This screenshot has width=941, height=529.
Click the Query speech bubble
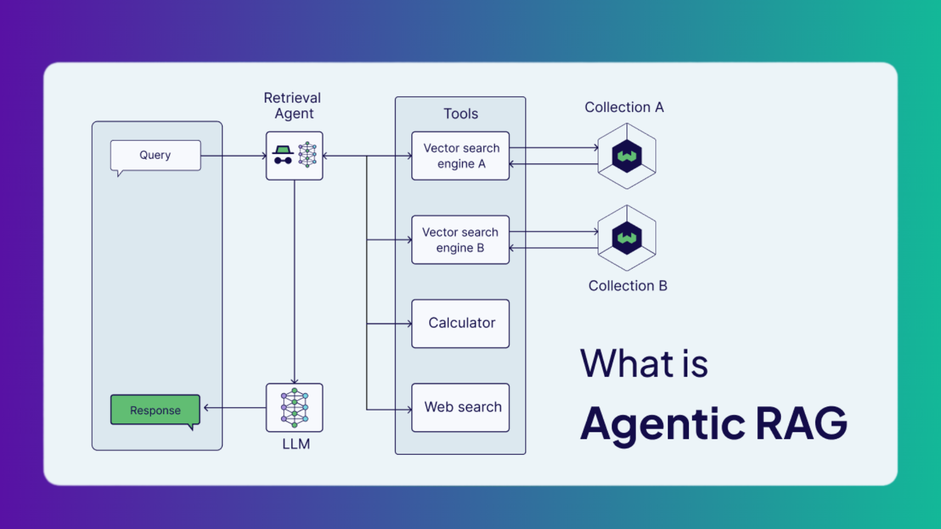point(155,155)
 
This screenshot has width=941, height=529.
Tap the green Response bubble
point(155,410)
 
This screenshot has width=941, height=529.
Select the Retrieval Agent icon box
point(294,156)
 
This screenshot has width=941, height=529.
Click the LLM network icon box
point(294,408)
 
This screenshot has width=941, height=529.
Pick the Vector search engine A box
point(460,156)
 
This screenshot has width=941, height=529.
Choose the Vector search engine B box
point(460,240)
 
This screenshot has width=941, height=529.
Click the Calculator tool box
point(460,324)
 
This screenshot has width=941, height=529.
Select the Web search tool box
point(460,408)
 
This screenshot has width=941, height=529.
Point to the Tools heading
point(461,114)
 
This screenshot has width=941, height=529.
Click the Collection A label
point(624,107)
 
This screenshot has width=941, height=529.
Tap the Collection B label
point(627,286)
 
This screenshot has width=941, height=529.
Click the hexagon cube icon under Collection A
point(627,156)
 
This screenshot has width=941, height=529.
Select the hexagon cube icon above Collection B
point(627,238)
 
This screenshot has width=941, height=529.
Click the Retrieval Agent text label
point(293,106)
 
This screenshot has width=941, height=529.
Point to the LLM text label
point(296,444)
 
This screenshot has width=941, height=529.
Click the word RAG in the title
point(801,423)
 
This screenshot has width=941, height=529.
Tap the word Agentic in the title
point(663,424)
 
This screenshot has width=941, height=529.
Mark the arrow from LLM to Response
point(235,408)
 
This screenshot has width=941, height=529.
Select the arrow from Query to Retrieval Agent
point(233,156)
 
